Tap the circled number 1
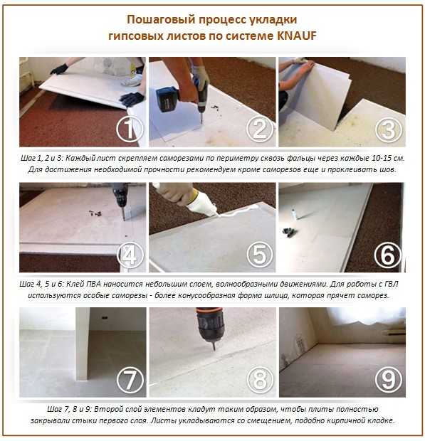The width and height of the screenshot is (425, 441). [x=130, y=129]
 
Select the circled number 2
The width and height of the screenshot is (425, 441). [x=260, y=129]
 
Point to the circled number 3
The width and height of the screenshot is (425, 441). [x=389, y=129]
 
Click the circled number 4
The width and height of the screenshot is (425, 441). [x=130, y=255]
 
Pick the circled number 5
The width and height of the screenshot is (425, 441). [x=260, y=255]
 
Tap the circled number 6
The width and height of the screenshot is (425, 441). [x=388, y=255]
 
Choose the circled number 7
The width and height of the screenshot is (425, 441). [x=130, y=380]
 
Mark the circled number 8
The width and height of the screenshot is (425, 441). [x=260, y=380]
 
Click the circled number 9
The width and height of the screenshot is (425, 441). [x=389, y=379]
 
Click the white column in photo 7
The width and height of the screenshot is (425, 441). [x=83, y=344]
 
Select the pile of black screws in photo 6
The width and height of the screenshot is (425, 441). [x=290, y=233]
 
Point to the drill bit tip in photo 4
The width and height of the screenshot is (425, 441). [x=124, y=219]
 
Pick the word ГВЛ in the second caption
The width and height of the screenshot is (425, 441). [x=392, y=284]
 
